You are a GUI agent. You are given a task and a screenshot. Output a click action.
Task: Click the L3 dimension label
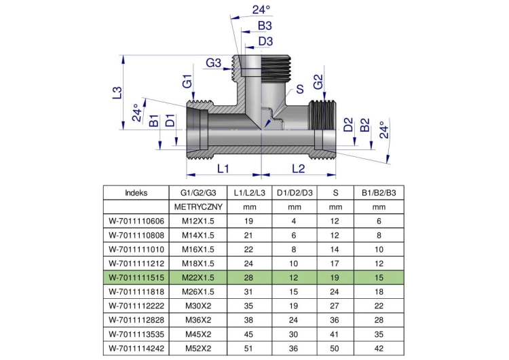117,92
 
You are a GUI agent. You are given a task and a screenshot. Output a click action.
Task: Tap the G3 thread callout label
213,62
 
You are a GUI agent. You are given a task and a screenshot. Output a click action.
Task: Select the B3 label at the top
265,26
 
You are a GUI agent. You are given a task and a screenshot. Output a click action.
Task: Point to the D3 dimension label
265,41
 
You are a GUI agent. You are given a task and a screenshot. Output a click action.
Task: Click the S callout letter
299,89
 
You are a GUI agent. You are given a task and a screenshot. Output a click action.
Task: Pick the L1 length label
223,168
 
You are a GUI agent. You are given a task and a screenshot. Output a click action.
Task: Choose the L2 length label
299,168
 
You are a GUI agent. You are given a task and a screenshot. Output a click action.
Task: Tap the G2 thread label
318,82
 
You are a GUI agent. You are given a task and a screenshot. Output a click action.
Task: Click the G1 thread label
187,82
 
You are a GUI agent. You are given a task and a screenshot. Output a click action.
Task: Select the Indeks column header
136,193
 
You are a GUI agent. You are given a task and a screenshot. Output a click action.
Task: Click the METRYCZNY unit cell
198,207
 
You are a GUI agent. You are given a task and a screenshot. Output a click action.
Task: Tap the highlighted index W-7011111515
136,278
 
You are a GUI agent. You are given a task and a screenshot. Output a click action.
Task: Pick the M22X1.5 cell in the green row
198,278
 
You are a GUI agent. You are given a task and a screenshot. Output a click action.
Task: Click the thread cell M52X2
198,348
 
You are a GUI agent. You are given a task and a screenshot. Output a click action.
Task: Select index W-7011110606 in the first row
136,221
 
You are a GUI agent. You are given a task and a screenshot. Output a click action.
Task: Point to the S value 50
335,348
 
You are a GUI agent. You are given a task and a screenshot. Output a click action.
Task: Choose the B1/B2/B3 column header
379,193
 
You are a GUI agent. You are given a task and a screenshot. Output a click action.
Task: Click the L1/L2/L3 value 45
248,334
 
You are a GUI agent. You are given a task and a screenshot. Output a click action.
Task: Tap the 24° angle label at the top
261,10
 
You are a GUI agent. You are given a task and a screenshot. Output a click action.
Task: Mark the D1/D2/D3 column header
295,193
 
